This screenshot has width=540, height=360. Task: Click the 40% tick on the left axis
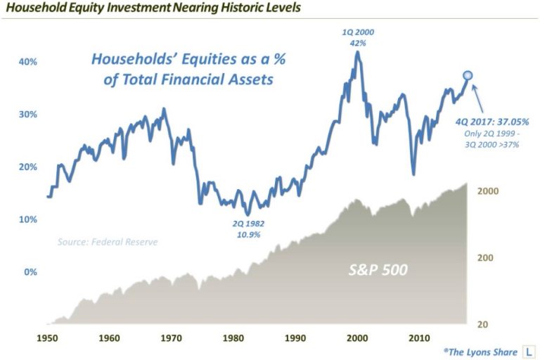coord(27,62)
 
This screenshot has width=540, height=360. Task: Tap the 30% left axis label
coord(27,115)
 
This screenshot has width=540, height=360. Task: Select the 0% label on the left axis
coord(30,272)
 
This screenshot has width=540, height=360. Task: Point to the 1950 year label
coord(48,338)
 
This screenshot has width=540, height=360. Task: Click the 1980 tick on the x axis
coord(233,338)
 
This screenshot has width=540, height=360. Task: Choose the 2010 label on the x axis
coord(419,338)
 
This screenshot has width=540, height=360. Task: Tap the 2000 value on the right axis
coord(488,191)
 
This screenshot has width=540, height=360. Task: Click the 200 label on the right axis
coord(485,257)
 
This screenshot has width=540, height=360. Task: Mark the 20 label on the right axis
coord(483,325)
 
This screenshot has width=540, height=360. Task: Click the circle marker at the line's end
coord(468,75)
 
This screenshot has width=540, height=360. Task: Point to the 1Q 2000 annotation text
coord(358,32)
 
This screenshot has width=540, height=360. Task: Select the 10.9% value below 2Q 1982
coord(248,235)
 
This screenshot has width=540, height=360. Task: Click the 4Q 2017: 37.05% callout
coord(492,122)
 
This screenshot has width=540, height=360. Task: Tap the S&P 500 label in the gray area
coord(378,270)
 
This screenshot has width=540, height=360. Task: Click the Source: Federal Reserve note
coord(108,242)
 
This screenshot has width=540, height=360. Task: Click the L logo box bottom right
coord(529,352)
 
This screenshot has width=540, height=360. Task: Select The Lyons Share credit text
coord(480,352)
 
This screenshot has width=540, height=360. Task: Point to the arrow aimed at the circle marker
coord(478,99)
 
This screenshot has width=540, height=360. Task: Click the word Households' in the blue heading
coord(134,59)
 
